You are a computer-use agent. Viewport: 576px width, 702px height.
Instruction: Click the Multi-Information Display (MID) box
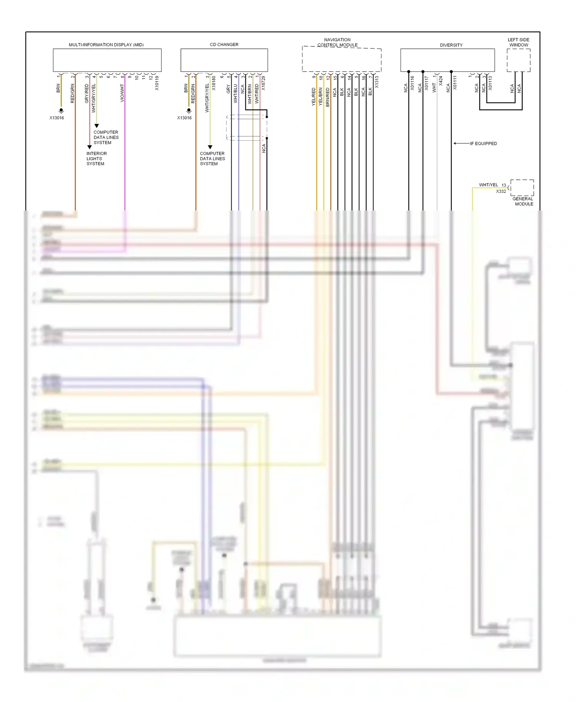click(107, 60)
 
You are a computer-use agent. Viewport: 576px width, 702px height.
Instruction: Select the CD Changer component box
click(224, 60)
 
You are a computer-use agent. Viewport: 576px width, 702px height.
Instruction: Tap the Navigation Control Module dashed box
click(341, 60)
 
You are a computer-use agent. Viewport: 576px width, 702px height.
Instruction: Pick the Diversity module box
click(447, 60)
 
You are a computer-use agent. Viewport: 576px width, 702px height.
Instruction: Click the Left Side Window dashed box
click(518, 60)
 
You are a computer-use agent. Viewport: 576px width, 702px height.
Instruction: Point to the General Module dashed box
click(522, 188)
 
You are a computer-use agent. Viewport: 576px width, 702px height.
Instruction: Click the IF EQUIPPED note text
click(483, 144)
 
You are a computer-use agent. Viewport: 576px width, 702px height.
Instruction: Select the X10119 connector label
click(157, 83)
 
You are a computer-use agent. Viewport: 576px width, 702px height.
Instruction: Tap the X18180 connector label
click(214, 83)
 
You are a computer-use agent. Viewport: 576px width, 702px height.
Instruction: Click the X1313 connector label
click(377, 82)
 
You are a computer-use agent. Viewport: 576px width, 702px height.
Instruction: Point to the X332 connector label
click(501, 191)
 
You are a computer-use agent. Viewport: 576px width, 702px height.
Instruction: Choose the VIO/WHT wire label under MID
click(122, 93)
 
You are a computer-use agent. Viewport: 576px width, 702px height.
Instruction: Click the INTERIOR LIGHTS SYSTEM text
click(96, 159)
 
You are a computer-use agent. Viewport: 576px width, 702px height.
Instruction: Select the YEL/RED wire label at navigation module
click(313, 97)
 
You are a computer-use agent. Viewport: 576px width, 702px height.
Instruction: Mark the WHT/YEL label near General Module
click(488, 185)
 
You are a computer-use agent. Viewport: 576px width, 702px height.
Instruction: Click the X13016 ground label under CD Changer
click(184, 118)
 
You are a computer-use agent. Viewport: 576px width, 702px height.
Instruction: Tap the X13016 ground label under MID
click(57, 118)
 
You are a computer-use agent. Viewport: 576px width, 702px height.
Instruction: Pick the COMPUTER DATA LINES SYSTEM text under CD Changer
click(212, 159)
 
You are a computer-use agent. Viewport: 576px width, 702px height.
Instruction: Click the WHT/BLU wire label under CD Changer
click(235, 94)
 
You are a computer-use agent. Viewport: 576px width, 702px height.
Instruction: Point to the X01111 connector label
click(455, 83)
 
